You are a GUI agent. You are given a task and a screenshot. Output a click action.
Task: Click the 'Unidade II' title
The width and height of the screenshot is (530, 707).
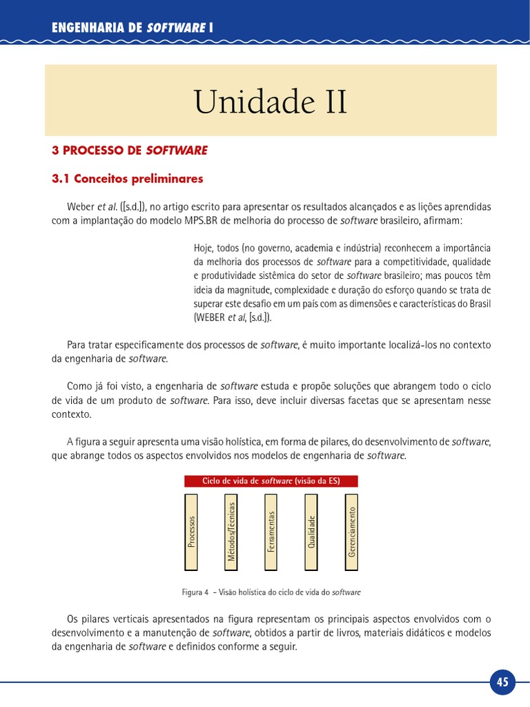click(271, 103)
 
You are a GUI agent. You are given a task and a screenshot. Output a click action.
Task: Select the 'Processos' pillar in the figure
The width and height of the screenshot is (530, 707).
click(191, 532)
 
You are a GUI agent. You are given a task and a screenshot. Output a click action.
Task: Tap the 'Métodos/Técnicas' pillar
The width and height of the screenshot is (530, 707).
click(231, 532)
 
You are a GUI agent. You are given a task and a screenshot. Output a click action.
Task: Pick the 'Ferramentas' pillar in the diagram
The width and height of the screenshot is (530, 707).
click(271, 532)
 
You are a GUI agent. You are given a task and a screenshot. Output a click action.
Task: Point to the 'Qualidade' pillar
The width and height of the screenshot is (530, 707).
click(311, 532)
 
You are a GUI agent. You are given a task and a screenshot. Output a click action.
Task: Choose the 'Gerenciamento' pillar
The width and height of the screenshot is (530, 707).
click(351, 532)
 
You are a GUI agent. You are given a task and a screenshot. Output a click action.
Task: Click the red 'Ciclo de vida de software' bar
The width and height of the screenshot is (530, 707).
click(271, 481)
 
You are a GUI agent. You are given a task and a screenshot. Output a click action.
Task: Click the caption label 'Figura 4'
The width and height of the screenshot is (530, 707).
click(195, 592)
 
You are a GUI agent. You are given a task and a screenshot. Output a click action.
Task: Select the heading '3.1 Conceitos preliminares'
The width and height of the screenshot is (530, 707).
click(128, 179)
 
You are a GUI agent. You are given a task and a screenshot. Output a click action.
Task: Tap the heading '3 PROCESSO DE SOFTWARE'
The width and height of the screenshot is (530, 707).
click(130, 150)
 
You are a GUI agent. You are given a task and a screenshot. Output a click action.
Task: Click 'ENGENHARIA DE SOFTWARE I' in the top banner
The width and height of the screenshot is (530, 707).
click(132, 28)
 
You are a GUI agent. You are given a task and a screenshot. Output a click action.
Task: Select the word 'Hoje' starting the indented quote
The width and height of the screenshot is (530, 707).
click(204, 249)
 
